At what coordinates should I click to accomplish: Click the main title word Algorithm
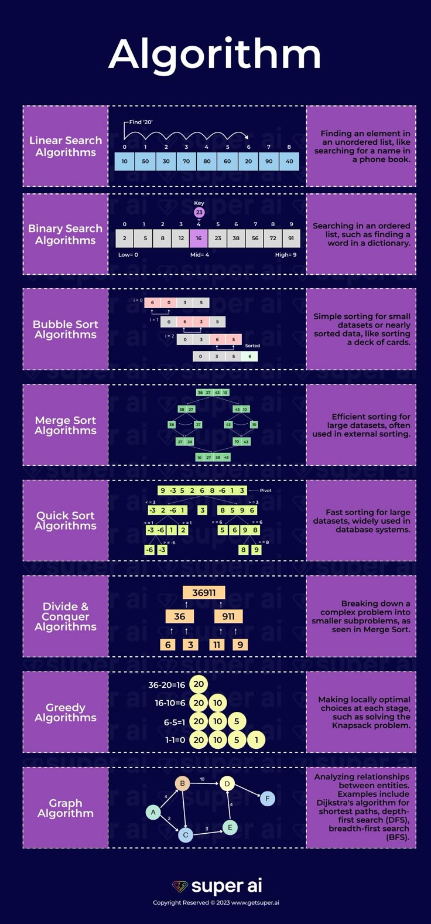(215, 55)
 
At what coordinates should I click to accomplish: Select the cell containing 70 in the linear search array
(186, 161)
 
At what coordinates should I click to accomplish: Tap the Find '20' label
(141, 122)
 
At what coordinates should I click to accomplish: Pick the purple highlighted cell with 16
(199, 238)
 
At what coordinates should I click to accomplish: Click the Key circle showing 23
(199, 212)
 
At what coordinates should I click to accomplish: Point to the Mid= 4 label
(199, 255)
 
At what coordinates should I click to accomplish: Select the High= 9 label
(286, 255)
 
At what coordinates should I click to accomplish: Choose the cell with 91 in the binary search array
(291, 238)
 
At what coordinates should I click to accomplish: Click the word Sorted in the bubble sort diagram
(252, 346)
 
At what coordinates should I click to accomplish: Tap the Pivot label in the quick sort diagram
(265, 490)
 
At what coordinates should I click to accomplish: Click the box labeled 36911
(204, 593)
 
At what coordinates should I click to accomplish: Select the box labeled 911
(228, 616)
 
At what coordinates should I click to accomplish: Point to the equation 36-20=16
(166, 685)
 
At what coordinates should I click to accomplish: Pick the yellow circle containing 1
(256, 740)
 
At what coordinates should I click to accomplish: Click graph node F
(268, 798)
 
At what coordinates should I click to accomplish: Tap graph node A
(153, 812)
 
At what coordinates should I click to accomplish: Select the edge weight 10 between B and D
(202, 779)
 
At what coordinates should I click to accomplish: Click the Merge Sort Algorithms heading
(66, 425)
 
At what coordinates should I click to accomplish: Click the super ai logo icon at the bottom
(180, 886)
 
